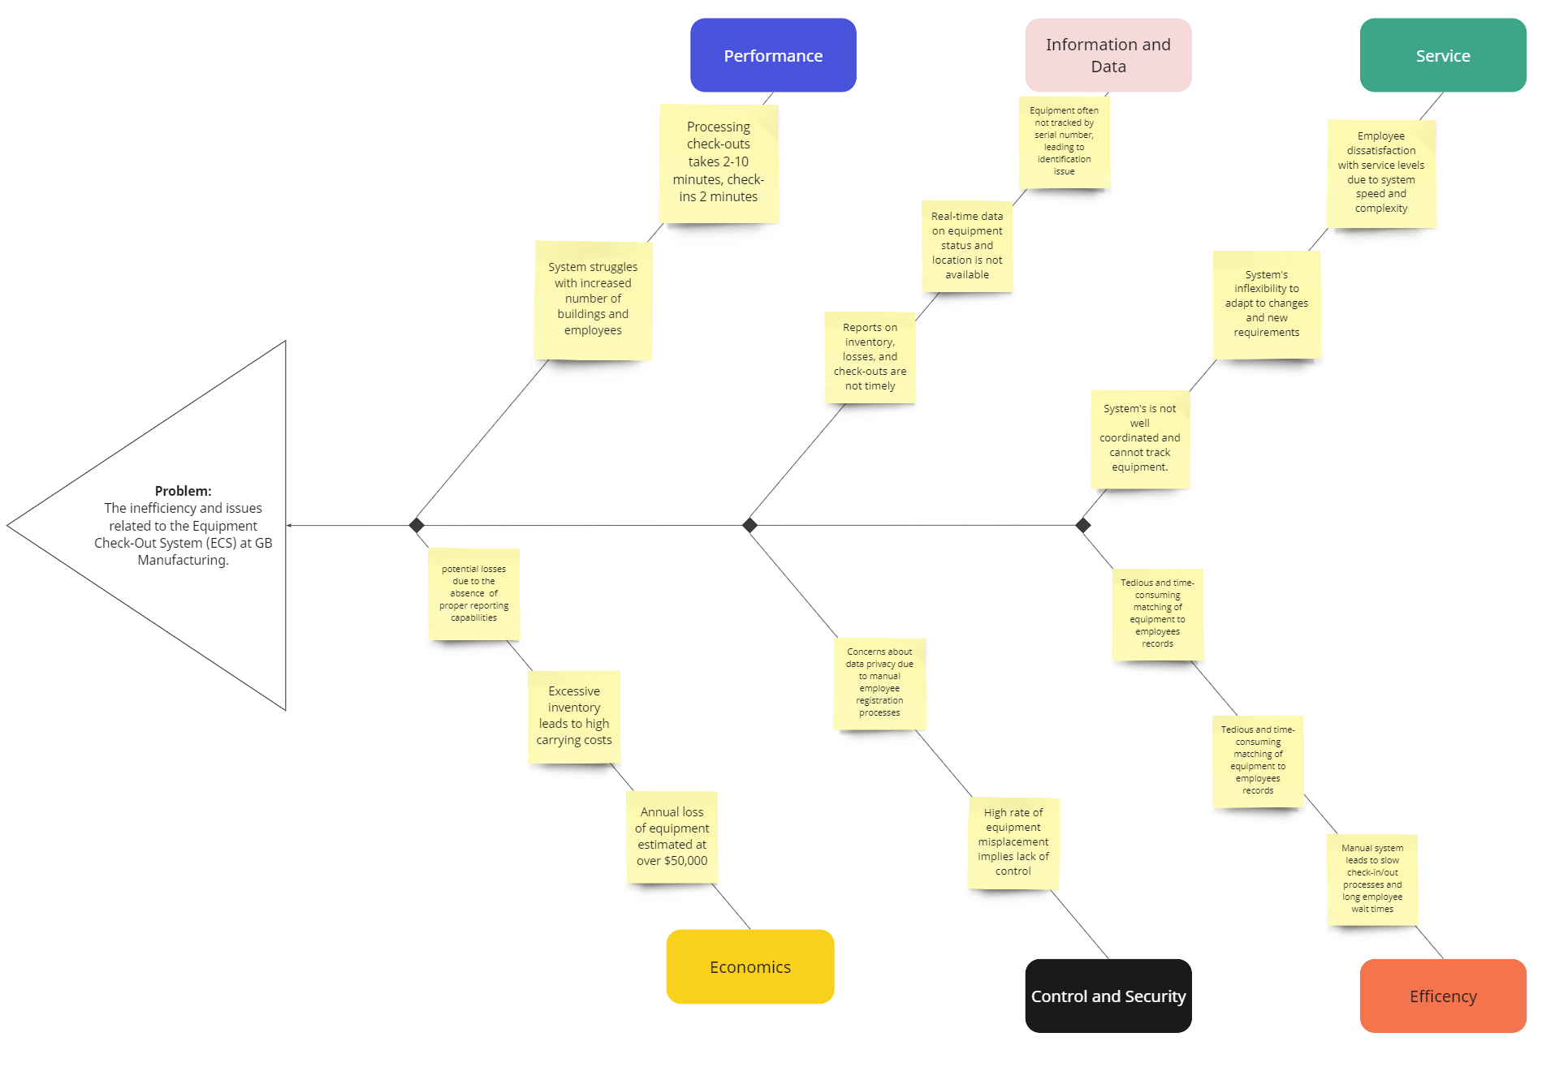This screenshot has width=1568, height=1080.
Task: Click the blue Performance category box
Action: [x=772, y=55]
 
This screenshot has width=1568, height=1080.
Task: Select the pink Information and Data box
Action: [x=1108, y=55]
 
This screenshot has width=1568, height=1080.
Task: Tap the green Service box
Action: [x=1442, y=55]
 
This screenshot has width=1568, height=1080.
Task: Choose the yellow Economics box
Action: [x=749, y=966]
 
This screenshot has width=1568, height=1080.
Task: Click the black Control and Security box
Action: [x=1108, y=996]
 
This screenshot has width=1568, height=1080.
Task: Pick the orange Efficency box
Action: [x=1442, y=996]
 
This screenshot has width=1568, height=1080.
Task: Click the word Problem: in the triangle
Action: [x=183, y=491]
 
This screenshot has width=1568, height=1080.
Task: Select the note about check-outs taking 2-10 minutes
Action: [x=718, y=162]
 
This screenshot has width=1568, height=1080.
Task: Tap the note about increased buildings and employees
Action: [x=593, y=299]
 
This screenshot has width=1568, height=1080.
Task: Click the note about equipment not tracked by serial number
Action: [x=1064, y=141]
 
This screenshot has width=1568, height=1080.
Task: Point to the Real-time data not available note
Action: [x=966, y=245]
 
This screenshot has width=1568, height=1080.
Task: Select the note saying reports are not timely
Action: [x=870, y=356]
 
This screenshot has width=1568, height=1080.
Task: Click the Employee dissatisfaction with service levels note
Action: [x=1380, y=172]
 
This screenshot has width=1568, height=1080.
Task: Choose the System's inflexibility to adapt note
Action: [x=1266, y=303]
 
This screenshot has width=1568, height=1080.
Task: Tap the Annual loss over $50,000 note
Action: [x=672, y=836]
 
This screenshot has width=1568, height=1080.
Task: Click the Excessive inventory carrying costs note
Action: [x=573, y=716]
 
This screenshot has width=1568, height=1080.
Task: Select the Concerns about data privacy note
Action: [x=879, y=682]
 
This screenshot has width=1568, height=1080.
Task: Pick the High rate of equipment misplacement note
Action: [x=1013, y=841]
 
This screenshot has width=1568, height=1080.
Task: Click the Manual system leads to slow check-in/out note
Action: [x=1371, y=878]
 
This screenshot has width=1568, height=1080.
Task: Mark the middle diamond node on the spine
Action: [x=749, y=525]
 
